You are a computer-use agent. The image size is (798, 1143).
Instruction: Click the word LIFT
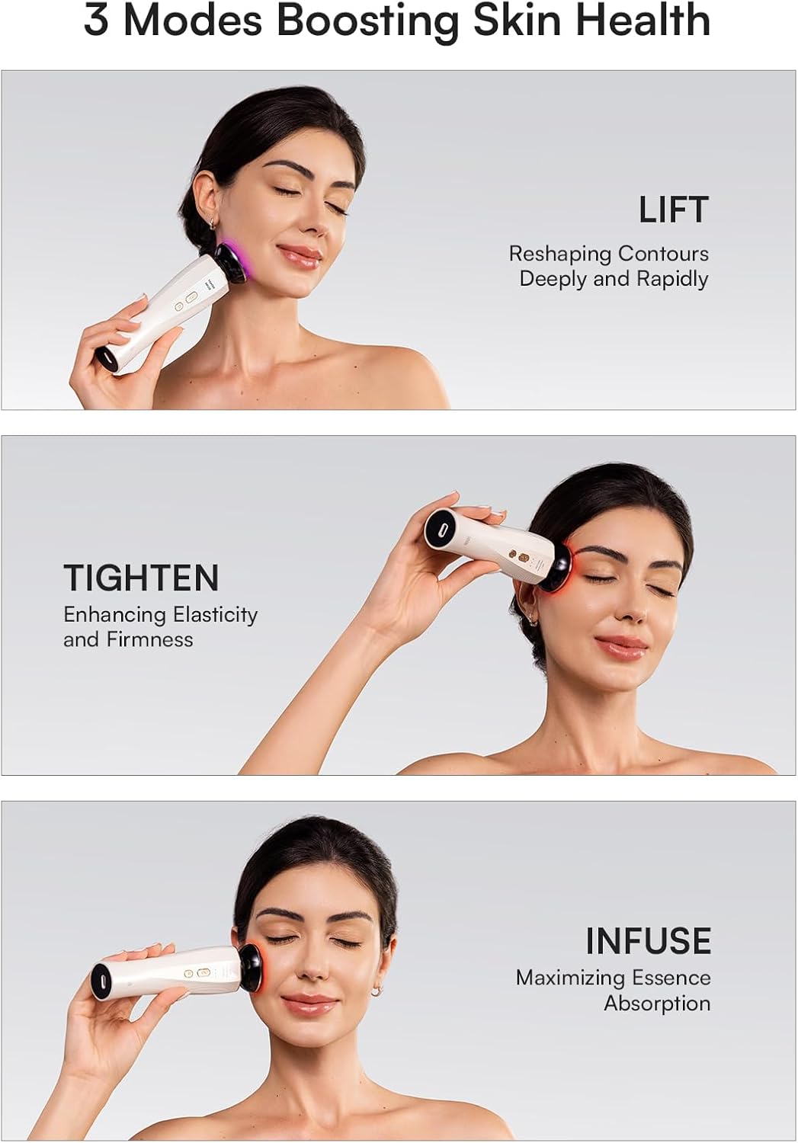click(x=674, y=210)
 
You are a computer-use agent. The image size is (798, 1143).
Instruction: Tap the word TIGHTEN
click(x=141, y=578)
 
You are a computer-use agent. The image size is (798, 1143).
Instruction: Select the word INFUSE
click(x=648, y=941)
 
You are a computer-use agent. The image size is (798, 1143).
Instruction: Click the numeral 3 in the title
click(x=95, y=21)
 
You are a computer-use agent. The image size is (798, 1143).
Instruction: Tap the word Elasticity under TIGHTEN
click(x=215, y=614)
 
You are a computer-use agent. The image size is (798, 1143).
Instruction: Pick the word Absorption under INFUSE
click(x=657, y=1003)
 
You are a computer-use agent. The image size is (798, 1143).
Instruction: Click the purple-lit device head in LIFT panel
click(x=231, y=261)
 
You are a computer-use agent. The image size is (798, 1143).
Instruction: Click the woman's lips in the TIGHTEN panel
click(x=622, y=646)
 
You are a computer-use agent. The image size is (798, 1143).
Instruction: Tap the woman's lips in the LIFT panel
click(x=299, y=255)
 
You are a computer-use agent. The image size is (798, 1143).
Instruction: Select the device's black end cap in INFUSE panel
click(x=101, y=980)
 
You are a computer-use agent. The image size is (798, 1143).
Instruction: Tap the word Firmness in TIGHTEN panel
click(x=149, y=639)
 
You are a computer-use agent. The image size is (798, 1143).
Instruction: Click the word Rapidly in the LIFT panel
click(x=672, y=279)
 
